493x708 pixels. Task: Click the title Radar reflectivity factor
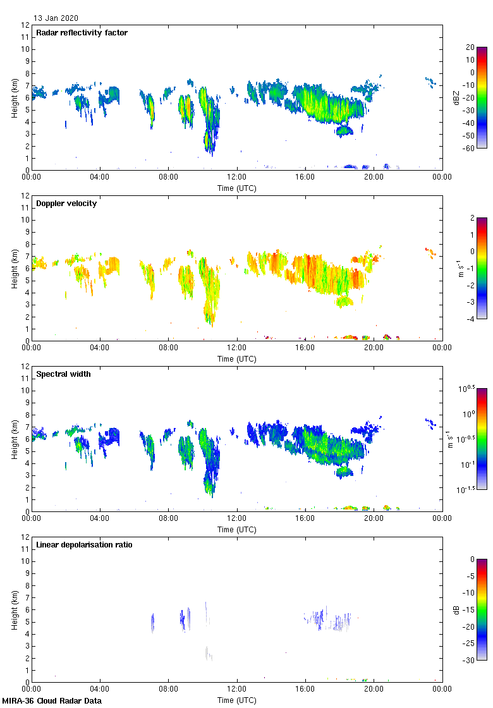click(82, 33)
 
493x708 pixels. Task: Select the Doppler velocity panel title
click(66, 204)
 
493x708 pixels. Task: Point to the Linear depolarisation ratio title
click(85, 545)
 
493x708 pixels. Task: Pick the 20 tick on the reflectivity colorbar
click(470, 47)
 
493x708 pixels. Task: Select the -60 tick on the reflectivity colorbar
click(469, 147)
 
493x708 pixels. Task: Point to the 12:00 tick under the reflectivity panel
click(237, 177)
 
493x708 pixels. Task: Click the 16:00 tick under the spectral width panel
click(305, 518)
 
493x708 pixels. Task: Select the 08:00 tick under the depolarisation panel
click(169, 689)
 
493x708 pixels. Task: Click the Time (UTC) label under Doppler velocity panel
click(237, 358)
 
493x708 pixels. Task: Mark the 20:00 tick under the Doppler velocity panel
click(374, 348)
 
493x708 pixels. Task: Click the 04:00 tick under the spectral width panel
click(100, 518)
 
